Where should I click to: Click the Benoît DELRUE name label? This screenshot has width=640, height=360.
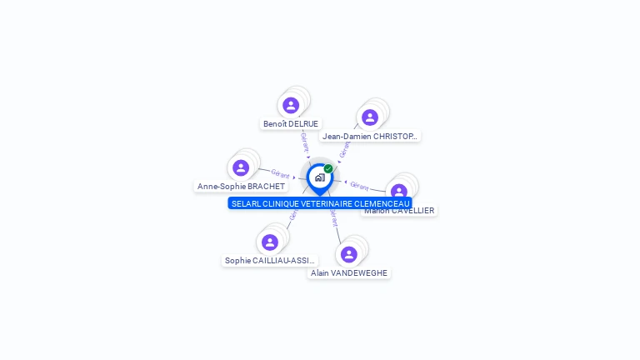[x=291, y=123]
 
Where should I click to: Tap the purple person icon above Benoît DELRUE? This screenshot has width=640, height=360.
[x=291, y=105]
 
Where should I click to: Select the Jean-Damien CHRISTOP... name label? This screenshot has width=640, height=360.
[x=370, y=136]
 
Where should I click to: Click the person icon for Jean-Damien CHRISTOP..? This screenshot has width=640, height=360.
[x=370, y=117]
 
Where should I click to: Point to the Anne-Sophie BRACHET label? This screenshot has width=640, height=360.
[x=241, y=187]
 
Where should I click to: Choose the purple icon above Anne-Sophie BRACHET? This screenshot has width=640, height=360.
[x=241, y=167]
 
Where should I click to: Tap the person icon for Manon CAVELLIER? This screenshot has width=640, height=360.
[x=399, y=191]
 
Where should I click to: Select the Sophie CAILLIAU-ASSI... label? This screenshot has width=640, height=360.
[x=270, y=261]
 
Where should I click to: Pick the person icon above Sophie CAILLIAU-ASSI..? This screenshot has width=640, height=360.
[x=270, y=242]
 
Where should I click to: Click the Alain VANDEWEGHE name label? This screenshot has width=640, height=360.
[x=349, y=272]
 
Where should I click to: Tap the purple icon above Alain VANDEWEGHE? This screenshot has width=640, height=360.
[x=349, y=254]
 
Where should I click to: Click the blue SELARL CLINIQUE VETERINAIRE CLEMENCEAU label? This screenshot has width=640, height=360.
[x=320, y=203]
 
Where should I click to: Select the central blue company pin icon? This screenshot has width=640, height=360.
[x=319, y=177]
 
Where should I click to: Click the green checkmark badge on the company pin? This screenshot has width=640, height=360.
[x=328, y=168]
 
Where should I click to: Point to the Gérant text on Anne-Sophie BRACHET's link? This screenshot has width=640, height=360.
[x=280, y=174]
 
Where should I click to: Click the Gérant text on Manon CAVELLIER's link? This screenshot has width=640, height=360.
[x=359, y=186]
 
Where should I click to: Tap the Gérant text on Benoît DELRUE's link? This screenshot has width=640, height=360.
[x=305, y=141]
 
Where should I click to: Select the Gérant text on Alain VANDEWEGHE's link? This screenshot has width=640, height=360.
[x=334, y=218]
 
